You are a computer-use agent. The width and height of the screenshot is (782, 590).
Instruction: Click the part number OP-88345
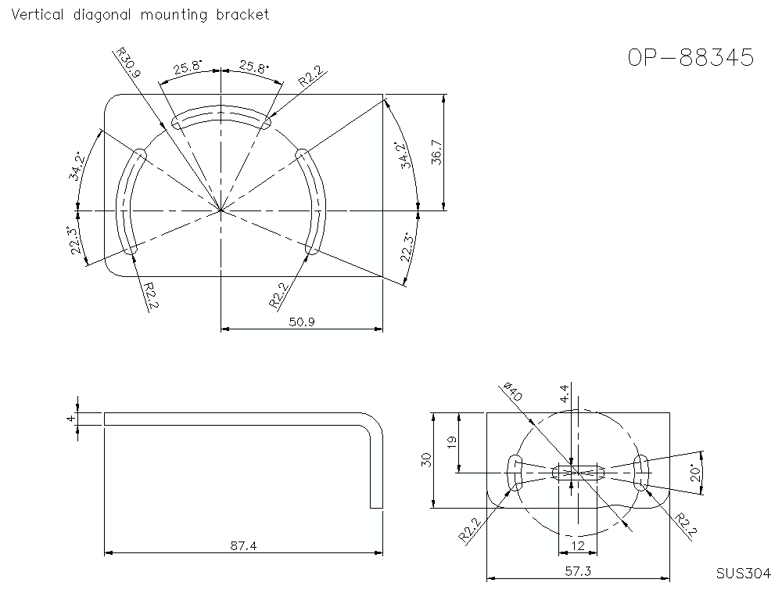pos(691,58)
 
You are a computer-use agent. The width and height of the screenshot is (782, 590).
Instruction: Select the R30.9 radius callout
pos(127,63)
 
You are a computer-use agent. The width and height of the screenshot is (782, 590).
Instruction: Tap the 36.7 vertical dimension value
pos(436,153)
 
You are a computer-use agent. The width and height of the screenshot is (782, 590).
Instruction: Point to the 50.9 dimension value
pos(302,322)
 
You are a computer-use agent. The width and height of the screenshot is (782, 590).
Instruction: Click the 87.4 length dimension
pos(243,545)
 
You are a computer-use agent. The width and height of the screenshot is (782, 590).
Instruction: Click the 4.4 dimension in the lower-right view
pos(565,393)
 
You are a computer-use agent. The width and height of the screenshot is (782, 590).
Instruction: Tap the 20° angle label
pos(694,472)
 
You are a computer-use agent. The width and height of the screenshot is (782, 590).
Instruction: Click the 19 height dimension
pos(450,442)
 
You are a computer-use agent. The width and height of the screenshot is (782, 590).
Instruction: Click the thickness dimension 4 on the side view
pos(70,419)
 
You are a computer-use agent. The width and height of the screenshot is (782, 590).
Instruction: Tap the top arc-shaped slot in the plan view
pos(221,114)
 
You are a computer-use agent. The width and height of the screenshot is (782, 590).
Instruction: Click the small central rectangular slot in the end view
pos(579,472)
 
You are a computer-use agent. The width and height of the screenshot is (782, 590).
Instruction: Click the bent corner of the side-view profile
pos(375,423)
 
